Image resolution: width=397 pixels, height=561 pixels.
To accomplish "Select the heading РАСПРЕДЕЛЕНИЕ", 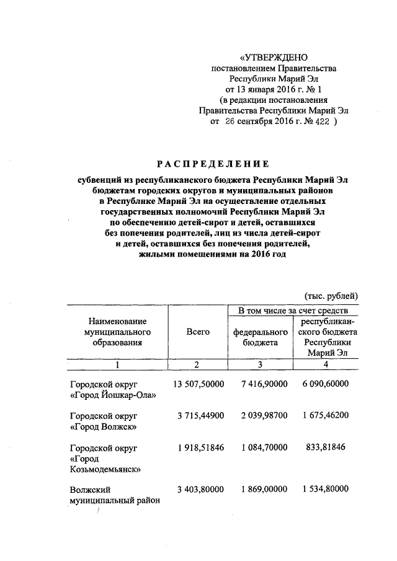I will (x=213, y=164).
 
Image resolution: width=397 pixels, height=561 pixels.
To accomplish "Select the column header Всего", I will (x=198, y=332).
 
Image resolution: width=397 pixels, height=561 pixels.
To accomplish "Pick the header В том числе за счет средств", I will (x=288, y=309).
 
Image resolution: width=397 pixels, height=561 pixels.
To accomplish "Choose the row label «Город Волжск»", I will (x=104, y=426).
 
